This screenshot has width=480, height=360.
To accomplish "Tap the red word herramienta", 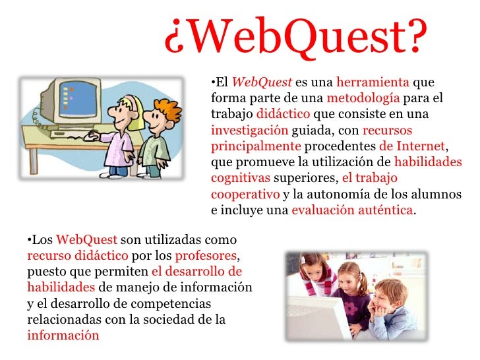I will (373, 83).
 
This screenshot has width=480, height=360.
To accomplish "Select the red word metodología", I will (363, 98).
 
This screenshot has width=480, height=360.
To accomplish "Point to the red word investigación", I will (249, 129).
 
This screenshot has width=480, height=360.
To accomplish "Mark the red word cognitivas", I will (240, 177).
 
